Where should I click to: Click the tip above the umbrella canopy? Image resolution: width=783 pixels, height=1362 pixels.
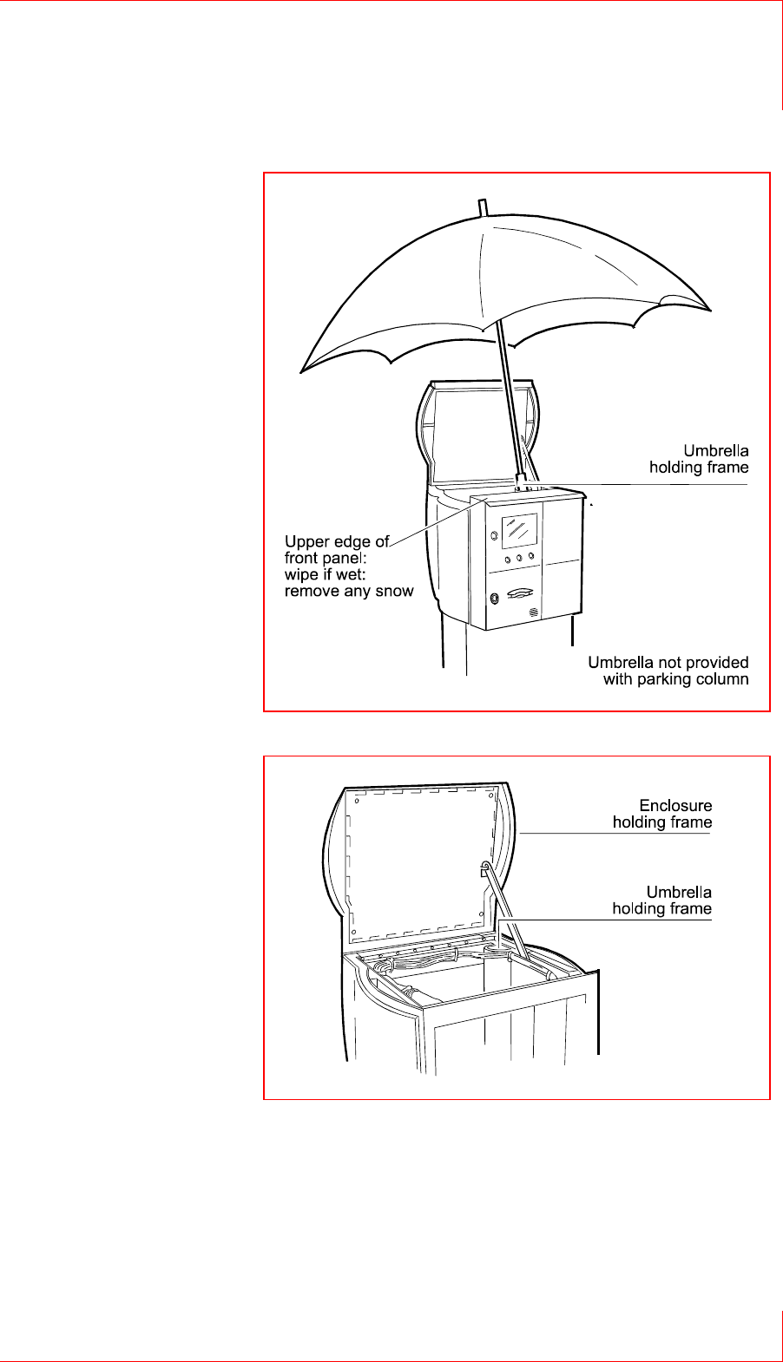483,206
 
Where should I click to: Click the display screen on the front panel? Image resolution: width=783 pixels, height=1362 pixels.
520,530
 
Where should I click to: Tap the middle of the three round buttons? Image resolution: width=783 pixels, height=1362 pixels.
519,559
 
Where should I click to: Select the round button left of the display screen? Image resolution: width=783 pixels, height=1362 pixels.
493,535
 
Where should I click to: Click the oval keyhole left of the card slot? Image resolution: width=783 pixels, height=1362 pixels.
494,598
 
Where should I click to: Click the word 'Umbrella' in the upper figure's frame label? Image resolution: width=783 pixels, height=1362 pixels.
715,451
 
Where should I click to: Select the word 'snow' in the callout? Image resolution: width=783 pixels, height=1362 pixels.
394,592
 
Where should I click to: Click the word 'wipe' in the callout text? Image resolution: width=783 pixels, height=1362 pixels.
301,575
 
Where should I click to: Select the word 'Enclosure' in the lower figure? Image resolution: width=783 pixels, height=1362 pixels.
675,806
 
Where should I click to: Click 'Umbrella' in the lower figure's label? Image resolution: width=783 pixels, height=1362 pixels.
679,892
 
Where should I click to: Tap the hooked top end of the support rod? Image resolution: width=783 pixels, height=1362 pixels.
484,866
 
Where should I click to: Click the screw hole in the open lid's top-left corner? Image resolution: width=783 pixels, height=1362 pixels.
357,801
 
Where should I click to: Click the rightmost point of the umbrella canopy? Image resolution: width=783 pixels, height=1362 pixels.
710,311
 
